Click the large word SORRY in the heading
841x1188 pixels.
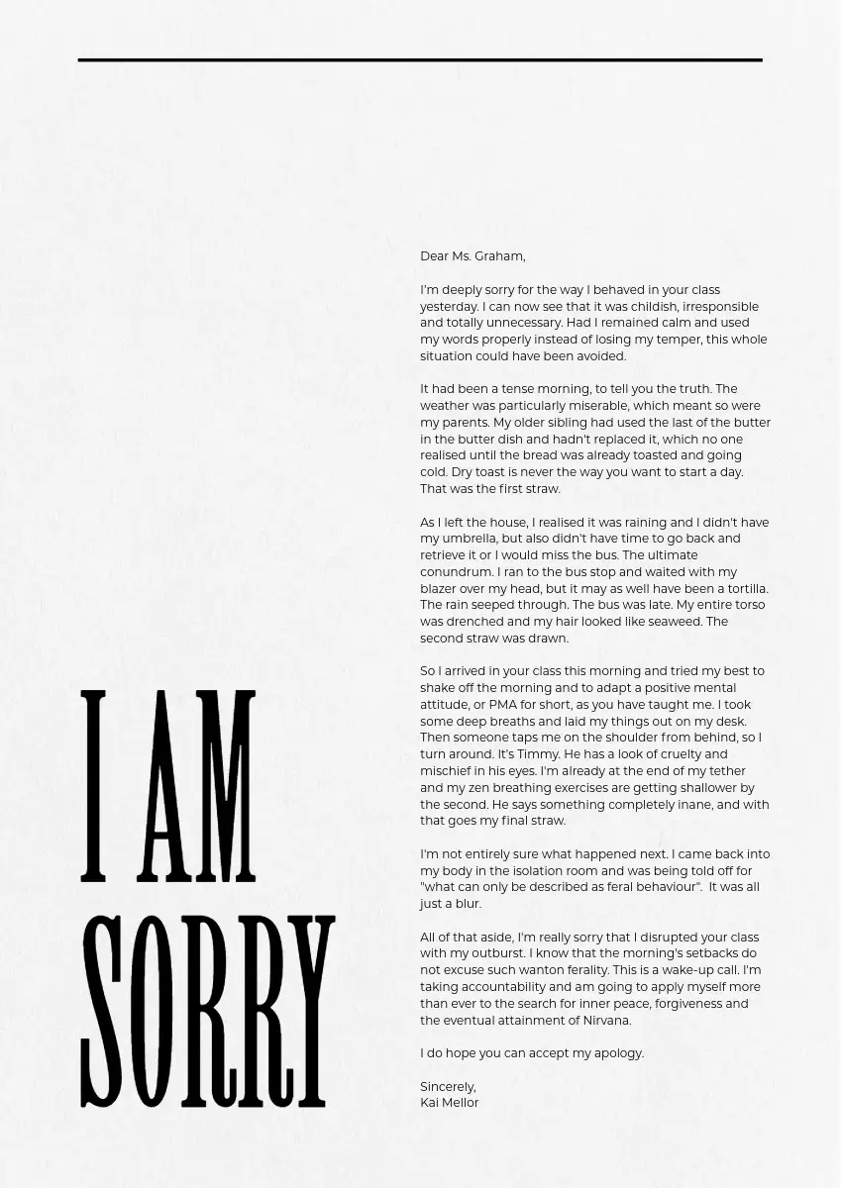(x=207, y=1010)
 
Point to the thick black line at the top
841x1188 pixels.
(x=420, y=60)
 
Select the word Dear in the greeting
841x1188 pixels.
(x=434, y=256)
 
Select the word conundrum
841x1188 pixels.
(x=456, y=572)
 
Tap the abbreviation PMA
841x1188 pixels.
(x=504, y=705)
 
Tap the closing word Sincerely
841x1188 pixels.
(x=448, y=1087)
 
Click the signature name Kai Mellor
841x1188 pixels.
(x=449, y=1103)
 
